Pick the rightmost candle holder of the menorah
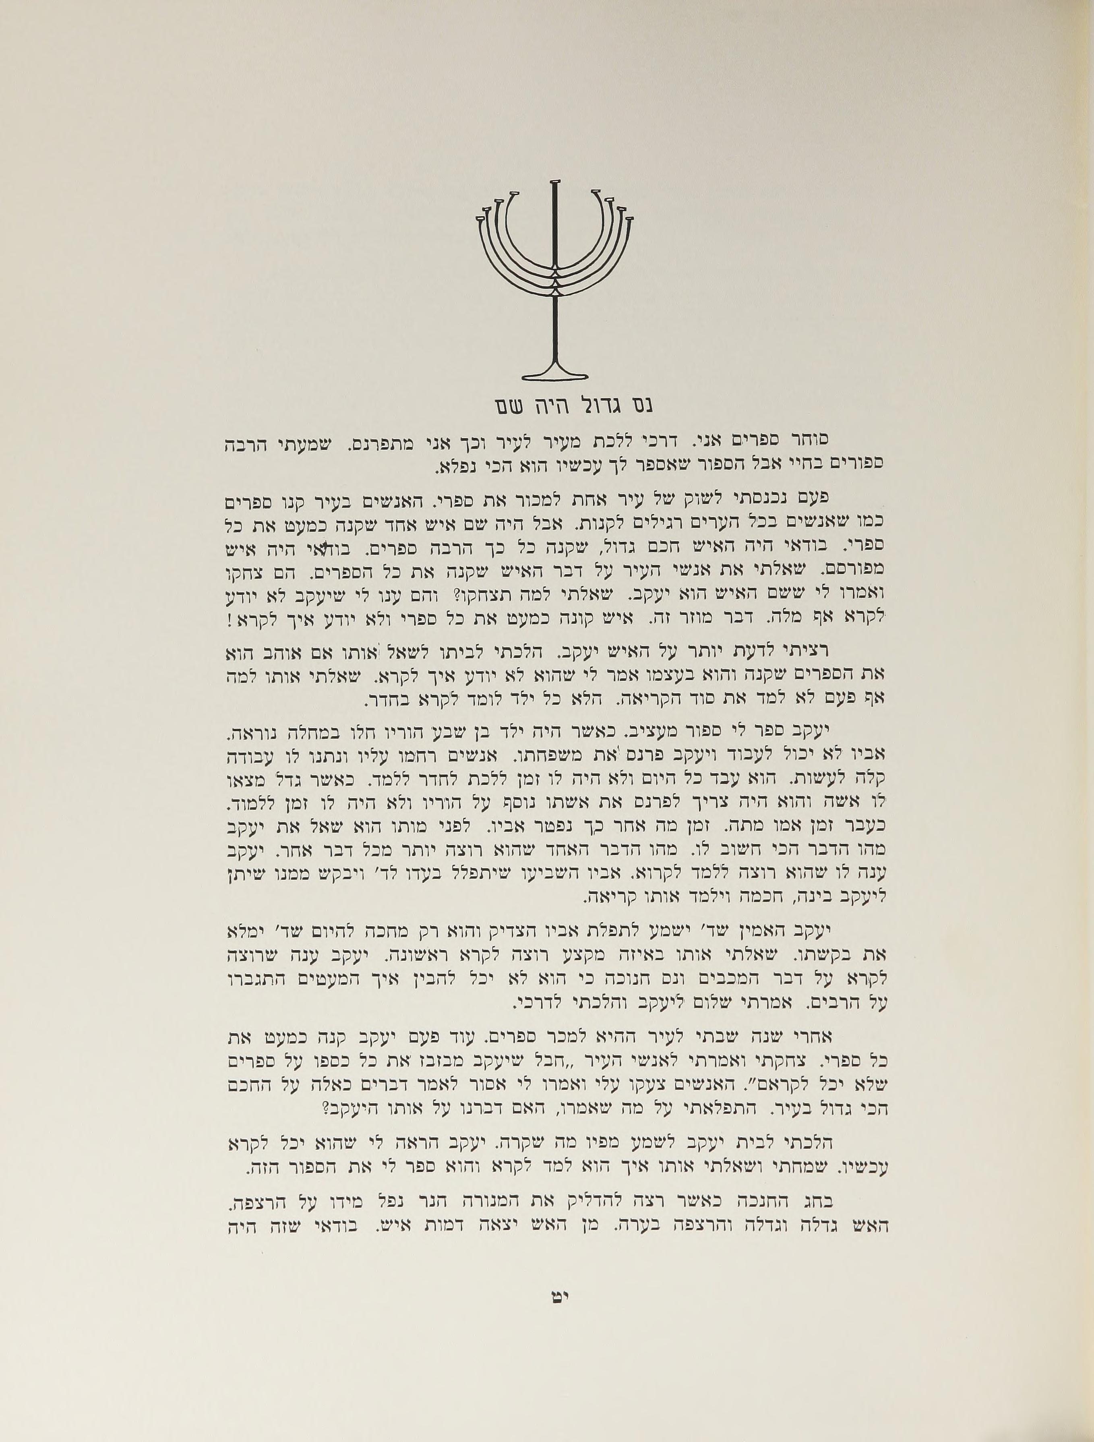point(629,220)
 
